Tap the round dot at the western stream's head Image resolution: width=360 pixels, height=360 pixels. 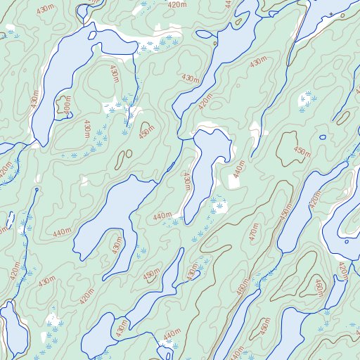click(x=36, y=189)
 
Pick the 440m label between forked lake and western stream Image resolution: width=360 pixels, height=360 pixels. click(x=62, y=231)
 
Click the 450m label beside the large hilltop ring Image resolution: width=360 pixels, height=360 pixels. click(x=301, y=151)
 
